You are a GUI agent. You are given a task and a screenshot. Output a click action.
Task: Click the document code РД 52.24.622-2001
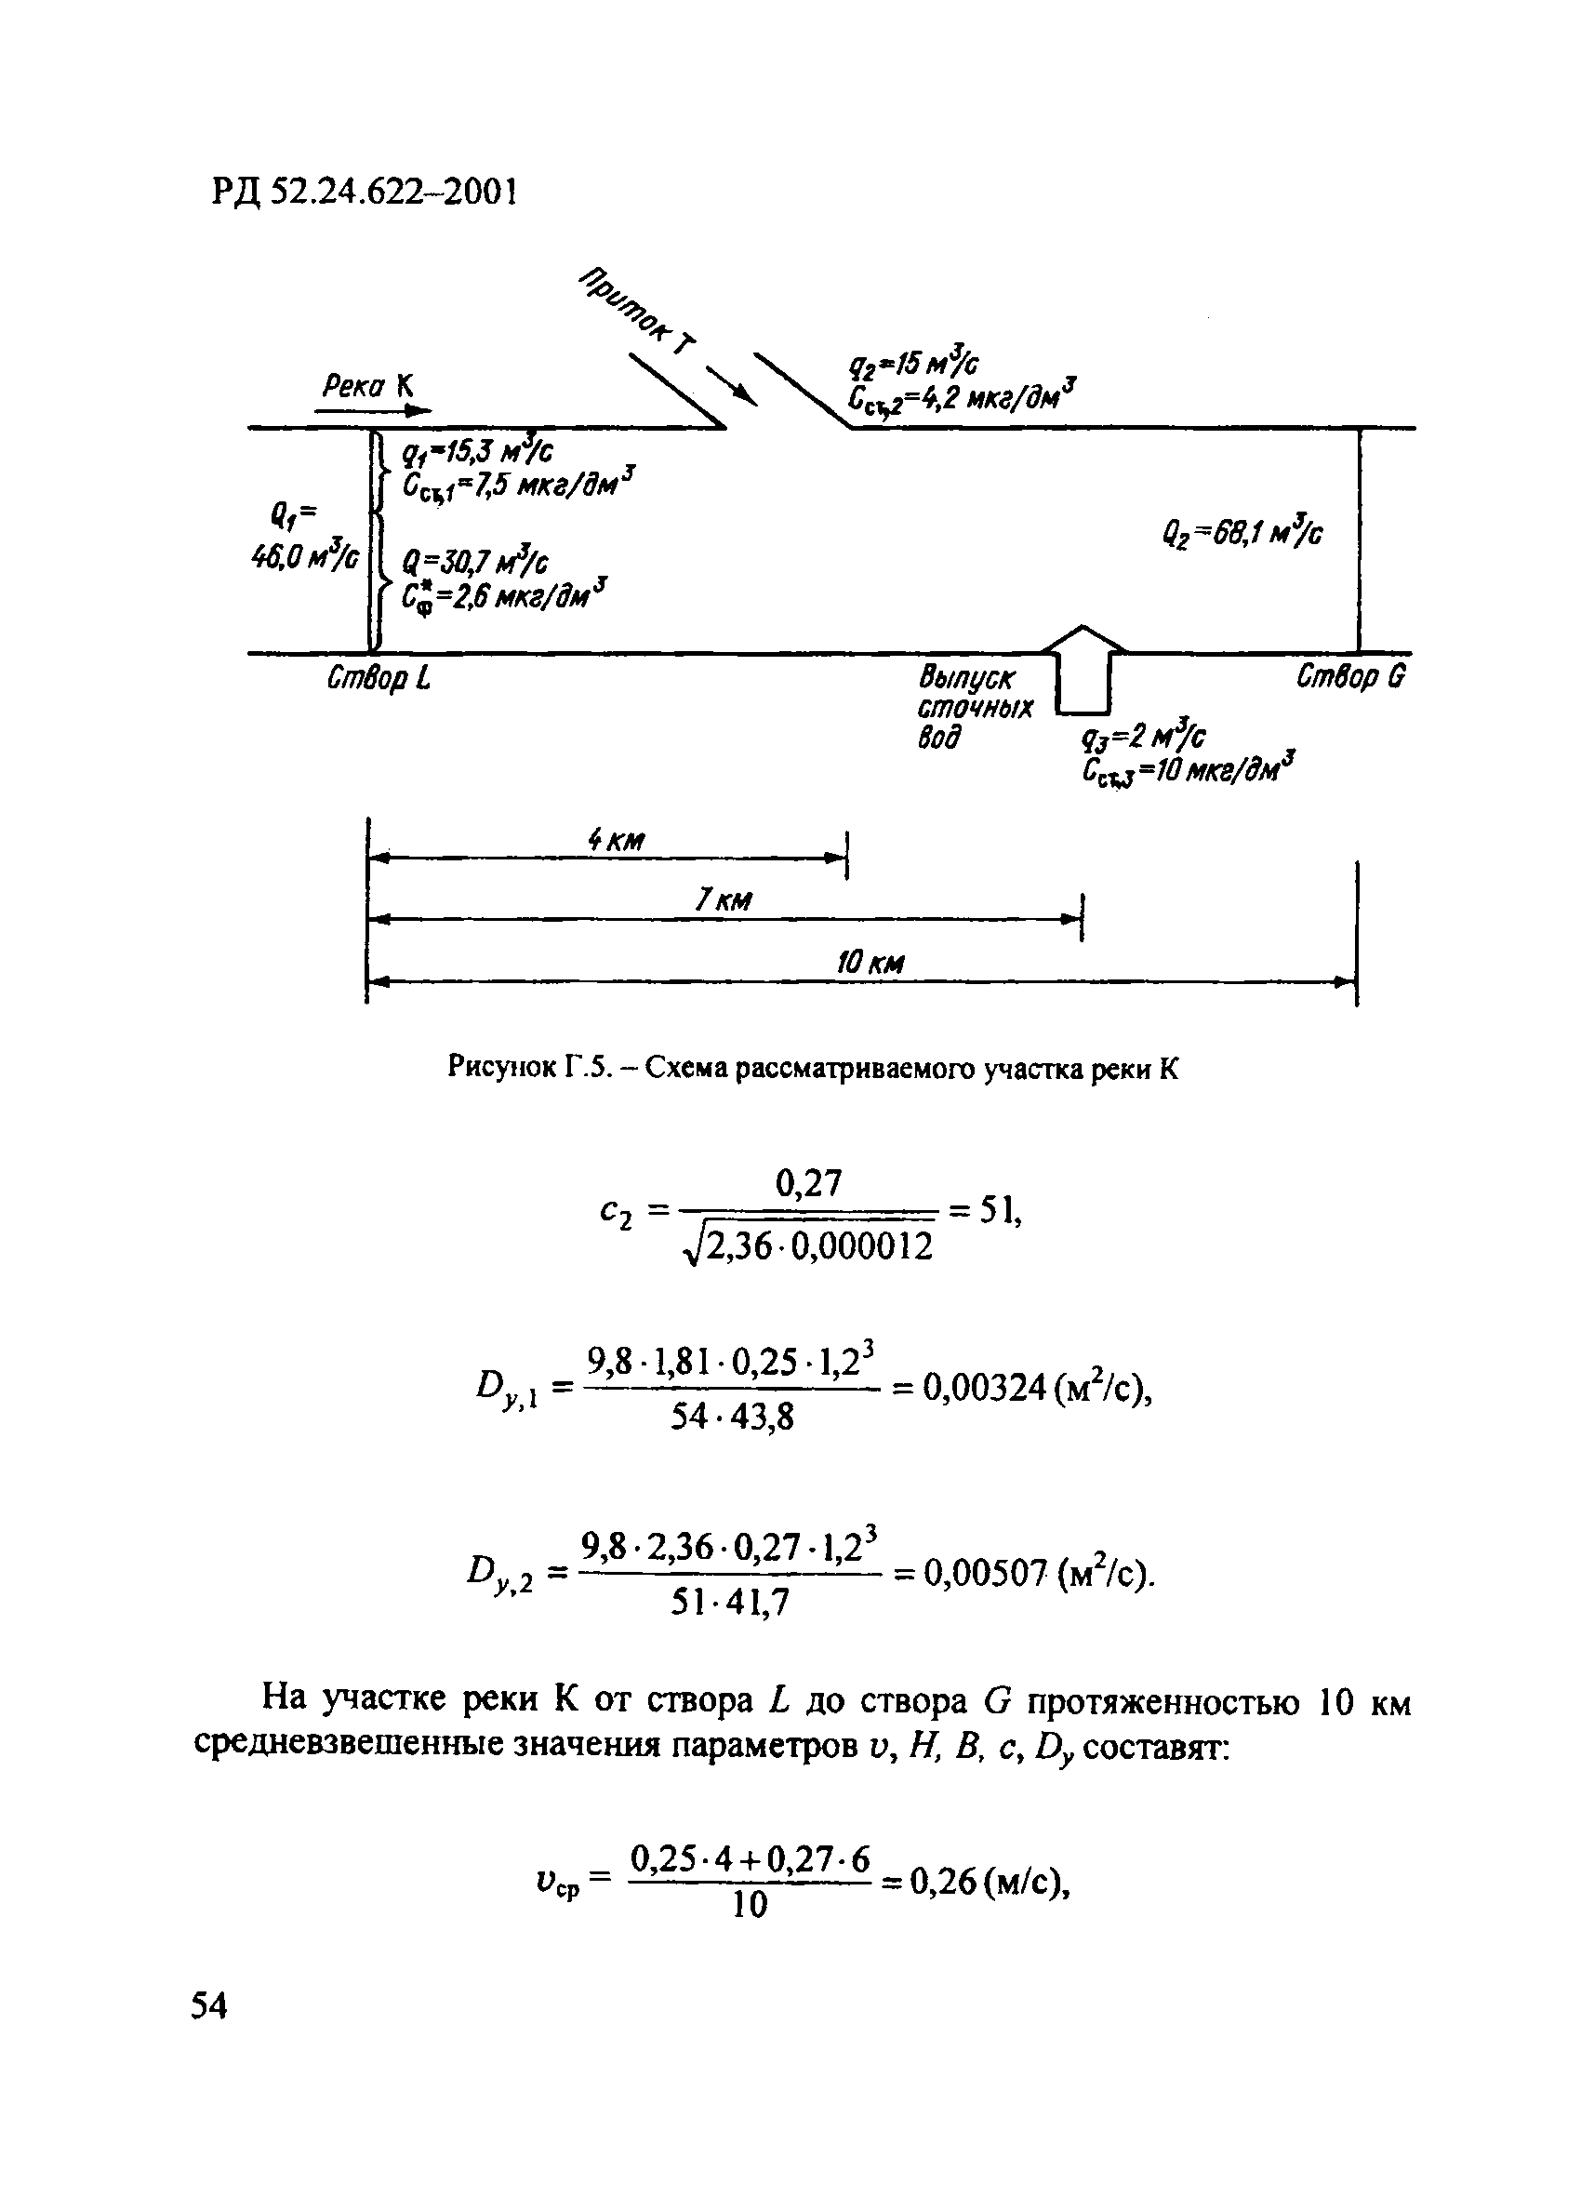[x=365, y=193]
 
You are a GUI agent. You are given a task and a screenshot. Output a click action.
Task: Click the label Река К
[x=367, y=387]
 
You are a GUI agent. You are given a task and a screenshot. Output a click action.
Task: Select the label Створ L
[x=378, y=679]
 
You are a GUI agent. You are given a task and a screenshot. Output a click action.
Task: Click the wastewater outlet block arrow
[x=1083, y=669]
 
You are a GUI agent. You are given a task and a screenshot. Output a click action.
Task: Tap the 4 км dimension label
[x=616, y=841]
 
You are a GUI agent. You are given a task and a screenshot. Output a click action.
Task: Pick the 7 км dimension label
[x=723, y=902]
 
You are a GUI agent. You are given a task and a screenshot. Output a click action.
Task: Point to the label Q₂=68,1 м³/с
[x=1242, y=534]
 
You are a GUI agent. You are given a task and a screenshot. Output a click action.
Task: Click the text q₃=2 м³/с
[x=1143, y=739]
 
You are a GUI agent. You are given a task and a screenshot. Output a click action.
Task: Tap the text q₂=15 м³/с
[x=913, y=366]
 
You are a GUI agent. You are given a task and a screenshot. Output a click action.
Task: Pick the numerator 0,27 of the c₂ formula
[x=809, y=1183]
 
